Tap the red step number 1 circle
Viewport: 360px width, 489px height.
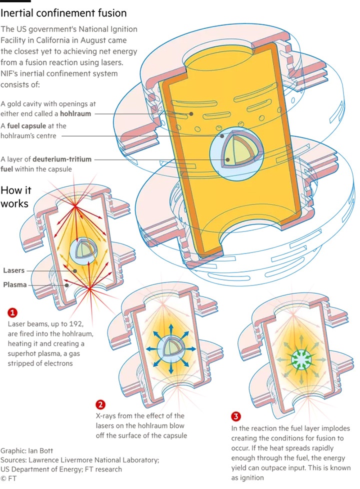(12, 313)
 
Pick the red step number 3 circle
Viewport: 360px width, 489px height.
(235, 416)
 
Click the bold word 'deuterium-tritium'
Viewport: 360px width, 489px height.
(65, 159)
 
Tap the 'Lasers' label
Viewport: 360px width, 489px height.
(13, 270)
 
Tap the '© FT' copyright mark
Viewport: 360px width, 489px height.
(11, 478)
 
